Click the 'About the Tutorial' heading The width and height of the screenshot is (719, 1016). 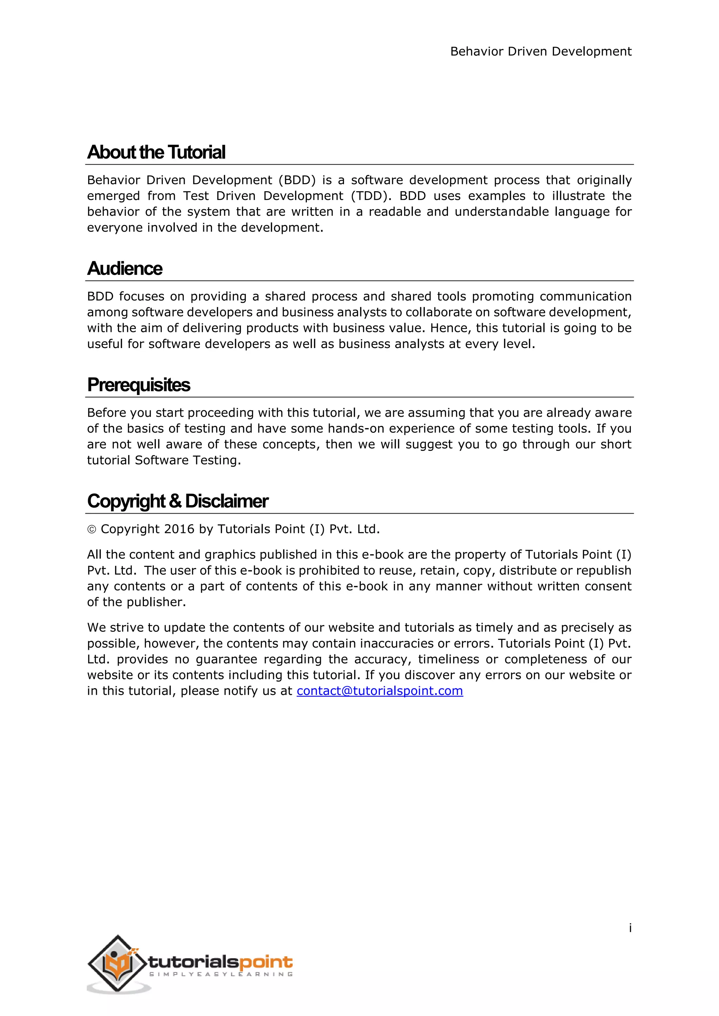pyautogui.click(x=156, y=152)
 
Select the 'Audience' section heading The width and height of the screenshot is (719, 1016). pyautogui.click(x=125, y=269)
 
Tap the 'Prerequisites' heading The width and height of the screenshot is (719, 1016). pyautogui.click(x=139, y=385)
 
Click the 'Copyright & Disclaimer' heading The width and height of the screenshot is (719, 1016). pyautogui.click(x=178, y=501)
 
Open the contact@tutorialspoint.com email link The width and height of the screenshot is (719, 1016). pyautogui.click(x=380, y=691)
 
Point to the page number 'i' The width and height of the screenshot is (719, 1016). pyautogui.click(x=630, y=928)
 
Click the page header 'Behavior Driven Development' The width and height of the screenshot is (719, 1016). pyautogui.click(x=541, y=52)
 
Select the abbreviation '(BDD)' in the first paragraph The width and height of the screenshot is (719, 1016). pyautogui.click(x=297, y=180)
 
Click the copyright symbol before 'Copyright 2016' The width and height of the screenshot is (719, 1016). pyautogui.click(x=92, y=530)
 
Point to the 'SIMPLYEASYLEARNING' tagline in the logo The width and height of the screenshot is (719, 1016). pyautogui.click(x=220, y=974)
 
